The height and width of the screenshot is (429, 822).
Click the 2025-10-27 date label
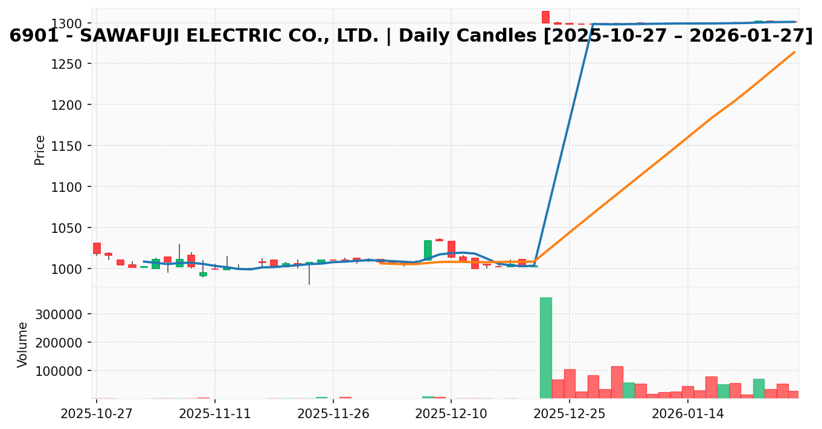pyautogui.click(x=96, y=414)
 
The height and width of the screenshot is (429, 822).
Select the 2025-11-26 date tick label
pyautogui.click(x=333, y=414)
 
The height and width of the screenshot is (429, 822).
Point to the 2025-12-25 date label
pyautogui.click(x=570, y=414)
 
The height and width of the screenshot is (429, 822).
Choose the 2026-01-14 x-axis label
pyautogui.click(x=688, y=414)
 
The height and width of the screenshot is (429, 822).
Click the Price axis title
pyautogui.click(x=40, y=150)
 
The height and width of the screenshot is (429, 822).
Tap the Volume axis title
pyautogui.click(x=23, y=344)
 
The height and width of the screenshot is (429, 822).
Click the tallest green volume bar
pyautogui.click(x=545, y=348)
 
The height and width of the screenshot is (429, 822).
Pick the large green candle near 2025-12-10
pyautogui.click(x=428, y=250)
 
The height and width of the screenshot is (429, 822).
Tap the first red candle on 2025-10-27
pyautogui.click(x=97, y=248)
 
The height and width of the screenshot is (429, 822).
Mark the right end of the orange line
pyautogui.click(x=794, y=52)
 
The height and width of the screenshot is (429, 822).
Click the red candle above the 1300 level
pyautogui.click(x=545, y=17)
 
